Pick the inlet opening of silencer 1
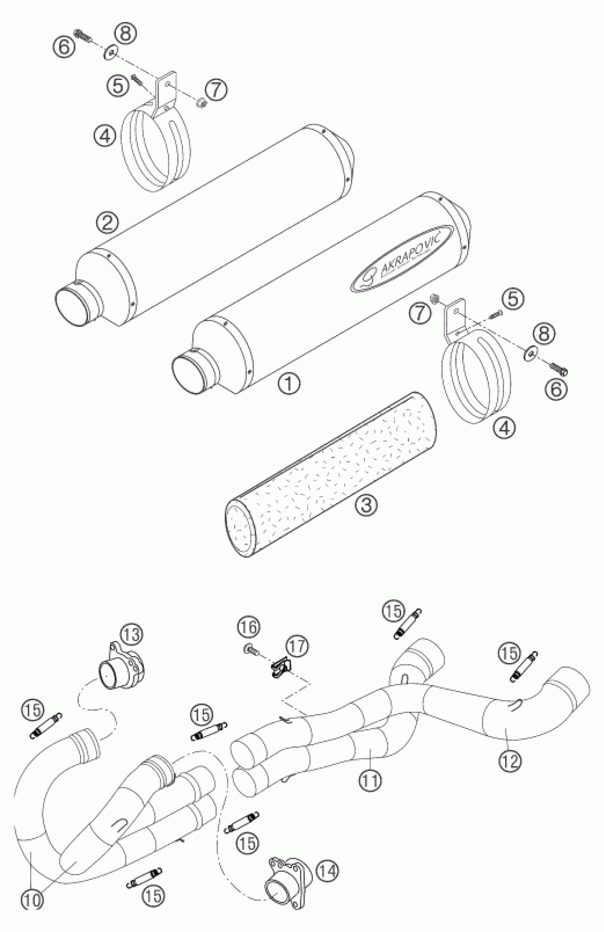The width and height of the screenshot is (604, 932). (189, 369)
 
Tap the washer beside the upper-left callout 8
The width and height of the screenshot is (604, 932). (110, 52)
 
